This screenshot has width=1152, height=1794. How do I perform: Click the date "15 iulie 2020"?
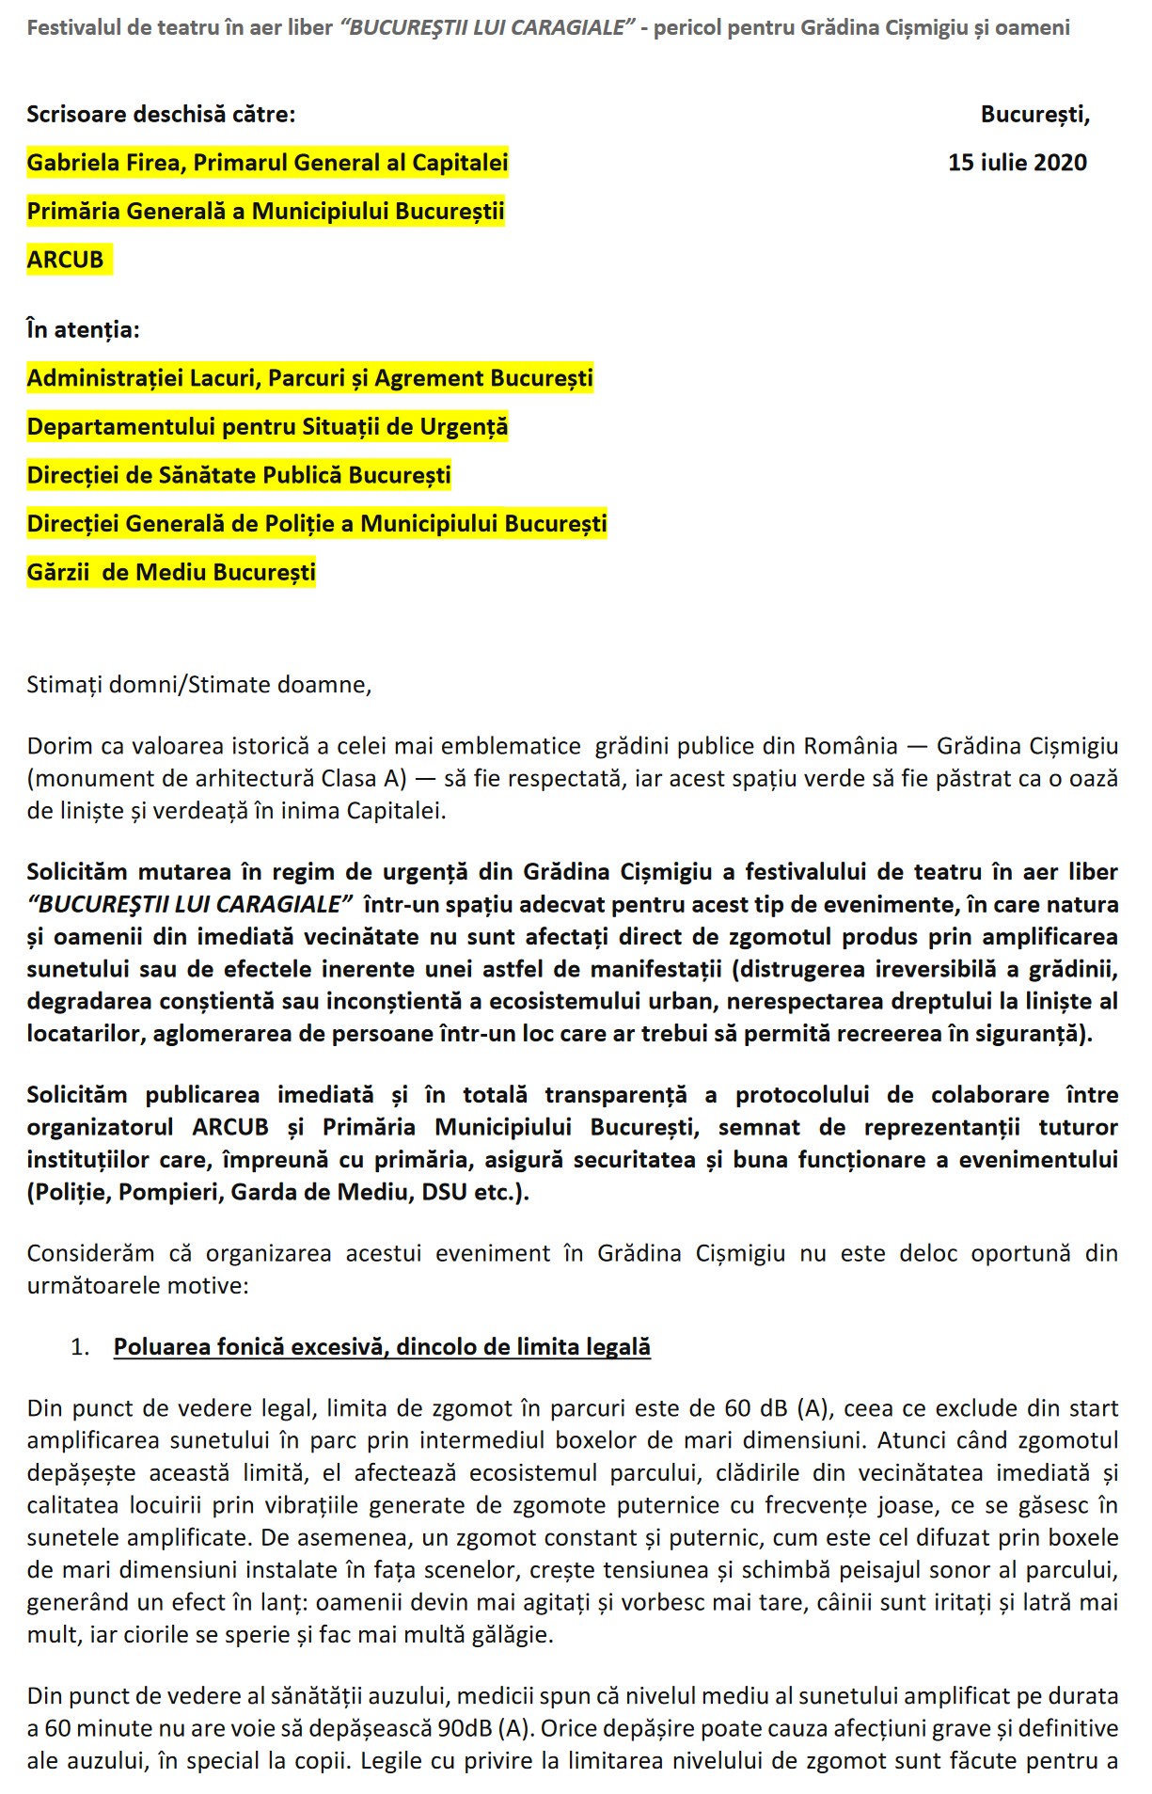click(x=1017, y=163)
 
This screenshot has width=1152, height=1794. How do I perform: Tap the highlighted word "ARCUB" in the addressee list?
click(x=65, y=260)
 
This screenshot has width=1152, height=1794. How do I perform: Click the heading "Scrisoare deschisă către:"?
click(x=161, y=115)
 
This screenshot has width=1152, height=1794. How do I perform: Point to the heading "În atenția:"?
click(x=83, y=329)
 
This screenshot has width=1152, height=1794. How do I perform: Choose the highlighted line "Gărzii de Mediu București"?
click(x=171, y=572)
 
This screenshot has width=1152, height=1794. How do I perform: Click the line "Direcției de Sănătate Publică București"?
click(x=239, y=475)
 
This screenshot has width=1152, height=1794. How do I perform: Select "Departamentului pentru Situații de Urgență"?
click(x=267, y=427)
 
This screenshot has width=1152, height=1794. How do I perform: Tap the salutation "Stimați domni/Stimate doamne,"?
click(x=199, y=684)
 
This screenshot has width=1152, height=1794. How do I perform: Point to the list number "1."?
click(x=80, y=1347)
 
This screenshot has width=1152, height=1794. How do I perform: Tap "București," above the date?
click(x=1034, y=115)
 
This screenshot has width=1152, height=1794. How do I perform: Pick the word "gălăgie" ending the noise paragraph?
click(x=513, y=1634)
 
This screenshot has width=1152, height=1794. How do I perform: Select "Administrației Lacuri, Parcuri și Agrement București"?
click(x=310, y=378)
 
